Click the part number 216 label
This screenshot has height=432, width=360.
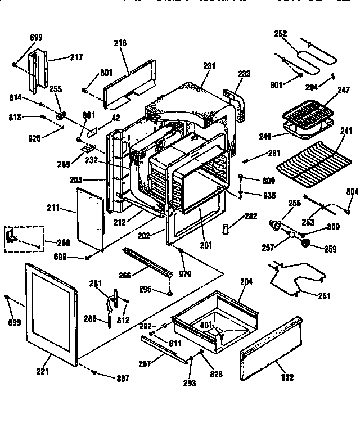click(120, 43)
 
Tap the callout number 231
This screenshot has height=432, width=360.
click(209, 66)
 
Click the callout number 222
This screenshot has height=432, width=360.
click(287, 377)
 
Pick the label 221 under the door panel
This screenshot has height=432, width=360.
click(43, 371)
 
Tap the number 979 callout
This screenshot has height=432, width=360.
click(184, 274)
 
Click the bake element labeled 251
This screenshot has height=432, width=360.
click(295, 278)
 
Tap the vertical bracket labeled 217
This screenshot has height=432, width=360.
click(37, 70)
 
